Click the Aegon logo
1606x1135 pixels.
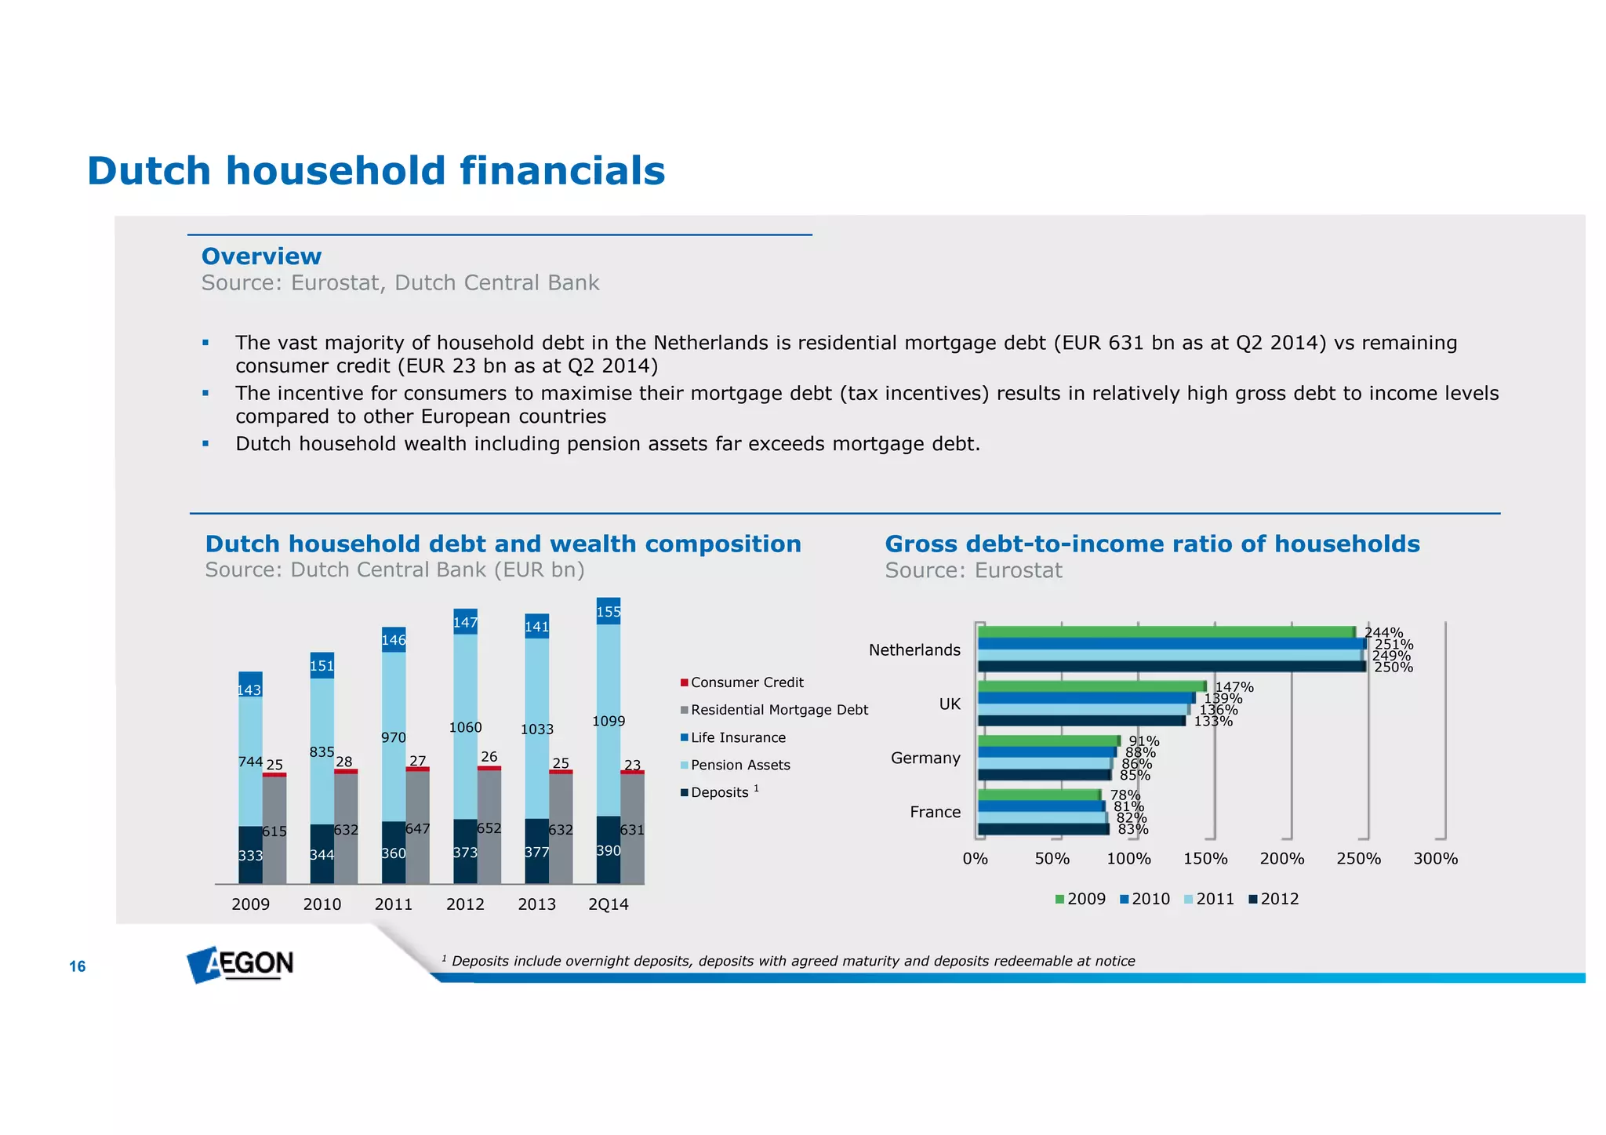(240, 964)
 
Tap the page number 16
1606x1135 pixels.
(77, 966)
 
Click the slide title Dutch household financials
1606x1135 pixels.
(376, 171)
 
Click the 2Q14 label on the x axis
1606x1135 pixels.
(609, 904)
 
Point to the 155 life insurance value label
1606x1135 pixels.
(609, 612)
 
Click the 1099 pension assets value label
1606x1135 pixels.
(609, 721)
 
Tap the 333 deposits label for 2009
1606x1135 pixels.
(250, 856)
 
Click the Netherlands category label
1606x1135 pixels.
(914, 650)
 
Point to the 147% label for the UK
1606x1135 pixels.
(1234, 687)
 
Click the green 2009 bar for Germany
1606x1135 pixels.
(1048, 740)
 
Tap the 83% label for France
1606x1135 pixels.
(1133, 829)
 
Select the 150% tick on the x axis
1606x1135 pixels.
(1205, 859)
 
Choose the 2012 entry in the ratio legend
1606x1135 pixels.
(1274, 899)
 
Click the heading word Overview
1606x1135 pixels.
(261, 256)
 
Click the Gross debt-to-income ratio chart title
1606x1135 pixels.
(1152, 544)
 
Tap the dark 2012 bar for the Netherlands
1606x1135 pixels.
(1171, 667)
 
